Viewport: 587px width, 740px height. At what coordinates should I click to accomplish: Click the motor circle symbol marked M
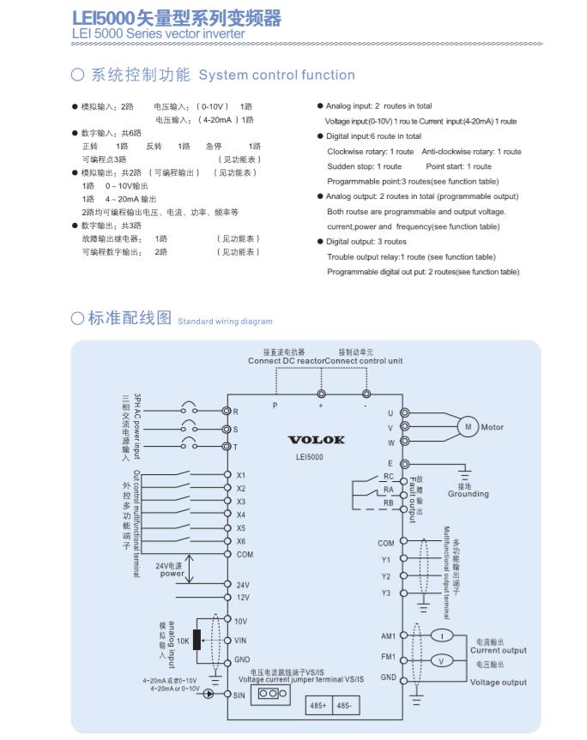[x=469, y=427]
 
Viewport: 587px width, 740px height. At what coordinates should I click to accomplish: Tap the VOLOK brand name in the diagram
[x=316, y=440]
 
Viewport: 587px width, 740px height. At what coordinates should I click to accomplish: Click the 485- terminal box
[x=346, y=706]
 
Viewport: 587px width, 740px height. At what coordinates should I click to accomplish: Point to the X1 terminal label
[x=241, y=474]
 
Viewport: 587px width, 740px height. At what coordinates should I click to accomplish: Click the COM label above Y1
[x=386, y=543]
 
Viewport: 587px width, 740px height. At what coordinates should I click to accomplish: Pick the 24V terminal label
[x=243, y=584]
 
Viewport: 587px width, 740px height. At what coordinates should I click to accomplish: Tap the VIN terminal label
[x=243, y=640]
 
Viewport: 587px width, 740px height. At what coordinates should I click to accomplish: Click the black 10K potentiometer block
[x=197, y=640]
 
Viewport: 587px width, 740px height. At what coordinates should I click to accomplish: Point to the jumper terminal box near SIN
[x=269, y=693]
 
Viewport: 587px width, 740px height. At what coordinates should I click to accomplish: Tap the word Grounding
[x=469, y=494]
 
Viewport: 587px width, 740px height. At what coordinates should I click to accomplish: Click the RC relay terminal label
[x=388, y=476]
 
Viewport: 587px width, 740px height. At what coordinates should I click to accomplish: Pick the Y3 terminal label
[x=386, y=593]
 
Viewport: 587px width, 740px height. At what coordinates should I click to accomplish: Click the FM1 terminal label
[x=388, y=657]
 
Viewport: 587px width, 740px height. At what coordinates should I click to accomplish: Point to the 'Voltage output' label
[x=499, y=683]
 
